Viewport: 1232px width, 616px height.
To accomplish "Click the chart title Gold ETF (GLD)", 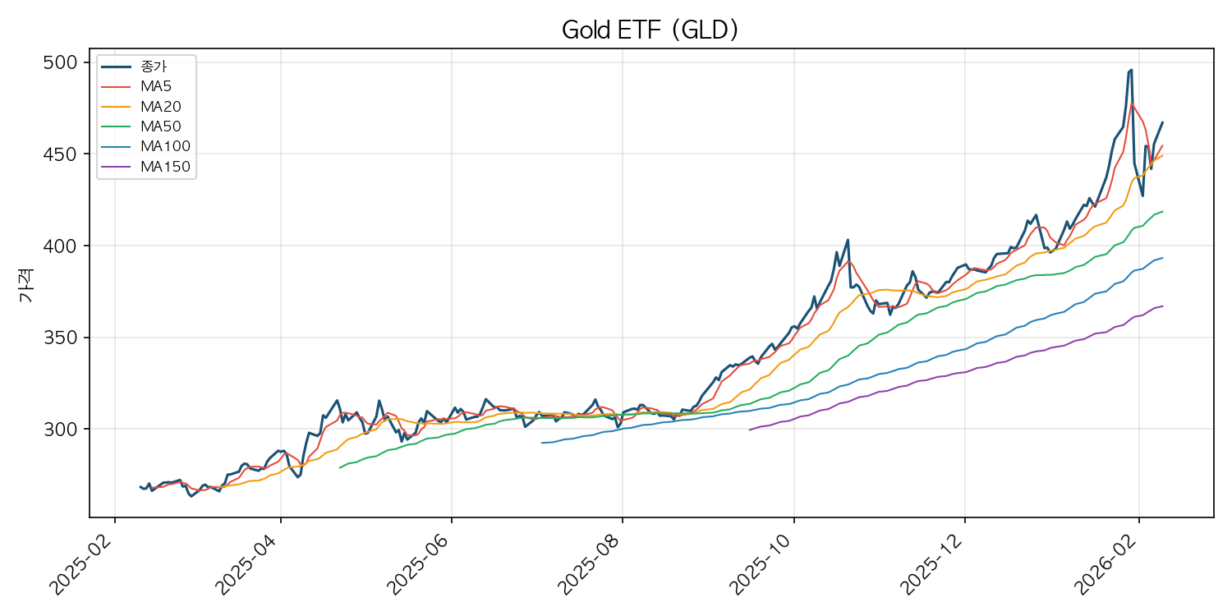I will tap(650, 30).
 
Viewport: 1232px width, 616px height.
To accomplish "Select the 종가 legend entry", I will tap(154, 66).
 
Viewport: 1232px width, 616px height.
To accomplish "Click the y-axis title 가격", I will tap(26, 290).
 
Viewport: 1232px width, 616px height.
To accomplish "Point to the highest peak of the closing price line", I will tap(1131, 70).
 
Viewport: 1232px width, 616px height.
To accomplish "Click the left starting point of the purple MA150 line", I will tap(749, 430).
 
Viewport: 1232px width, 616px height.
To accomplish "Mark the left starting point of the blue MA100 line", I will tap(541, 443).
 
